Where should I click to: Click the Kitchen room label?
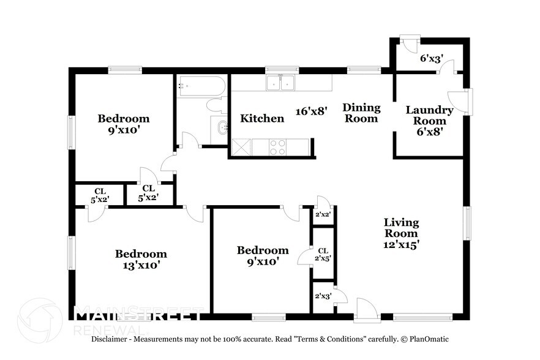[261, 118]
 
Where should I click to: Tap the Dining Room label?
[361, 113]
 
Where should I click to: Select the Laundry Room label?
[429, 116]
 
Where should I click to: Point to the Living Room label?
[401, 228]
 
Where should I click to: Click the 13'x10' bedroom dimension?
[141, 266]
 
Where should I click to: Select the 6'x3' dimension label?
[431, 59]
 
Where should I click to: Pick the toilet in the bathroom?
[216, 105]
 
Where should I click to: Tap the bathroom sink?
[222, 129]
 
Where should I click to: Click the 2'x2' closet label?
[323, 215]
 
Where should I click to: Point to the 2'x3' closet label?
[323, 296]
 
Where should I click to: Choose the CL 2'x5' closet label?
[323, 255]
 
